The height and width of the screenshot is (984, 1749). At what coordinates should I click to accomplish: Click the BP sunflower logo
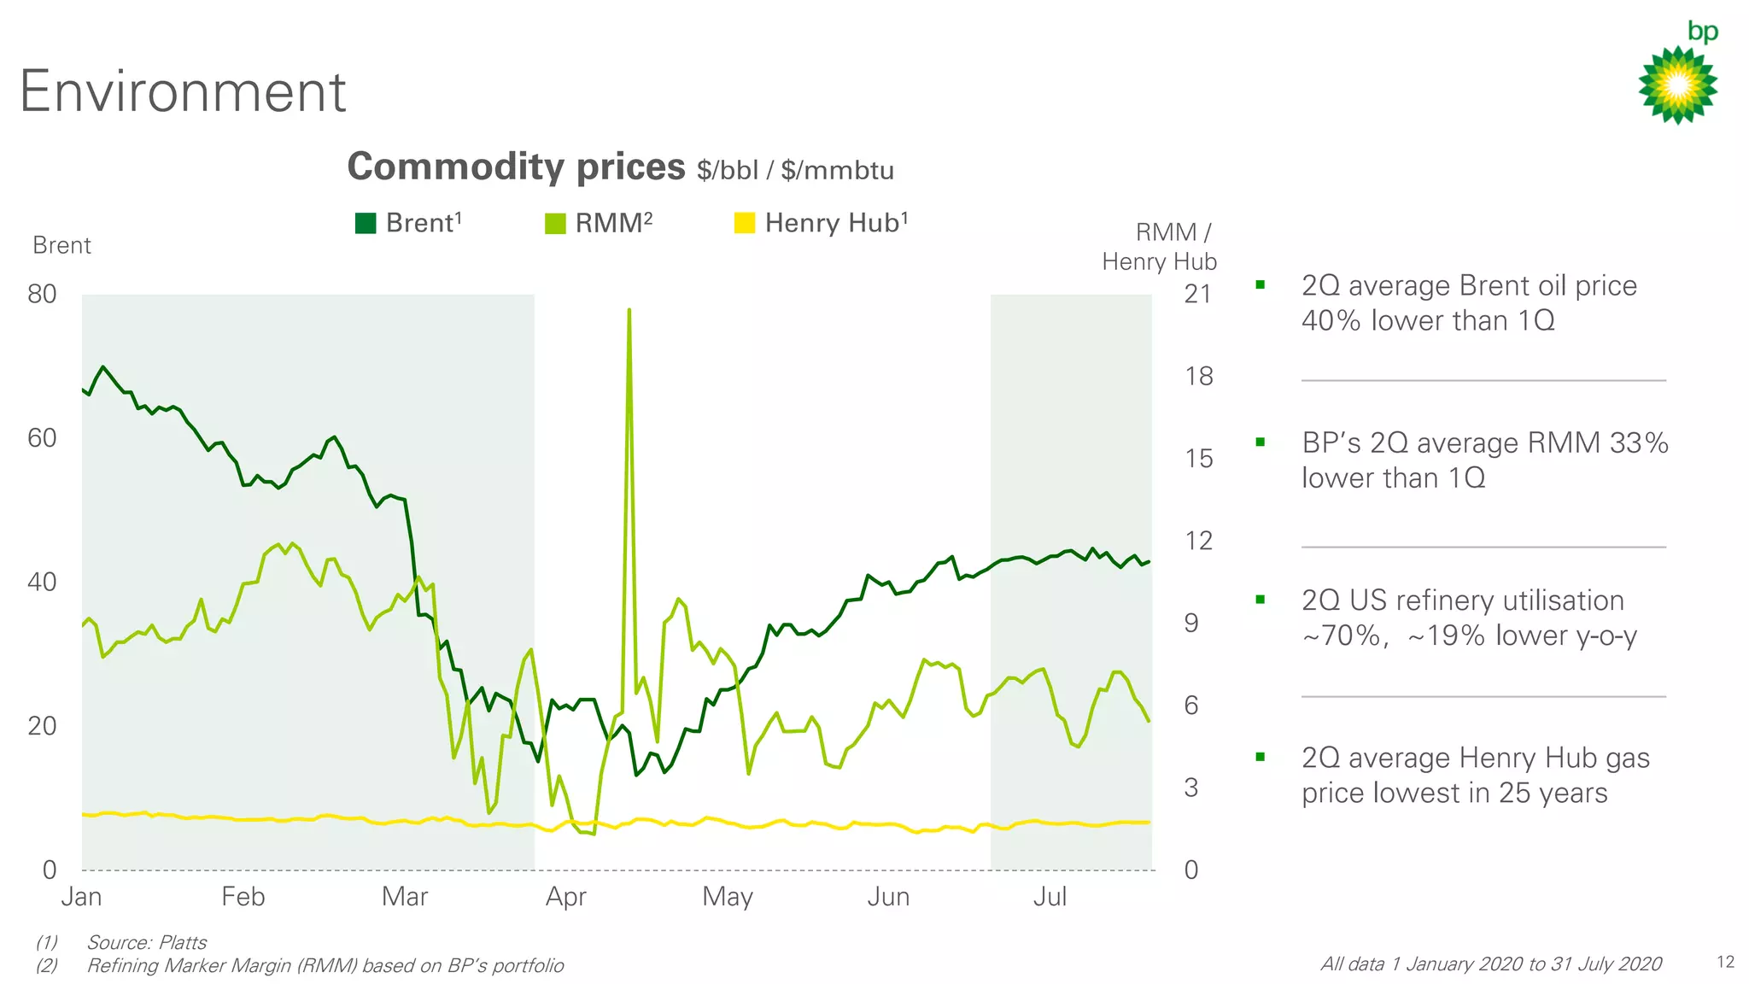coord(1677,84)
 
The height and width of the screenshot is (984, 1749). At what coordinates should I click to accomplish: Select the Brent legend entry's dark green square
coord(366,224)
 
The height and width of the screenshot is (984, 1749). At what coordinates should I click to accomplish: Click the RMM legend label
coord(613,223)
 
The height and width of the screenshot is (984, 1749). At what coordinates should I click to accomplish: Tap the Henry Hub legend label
coord(835,223)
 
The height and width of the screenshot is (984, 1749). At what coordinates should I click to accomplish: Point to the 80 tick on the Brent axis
coord(42,295)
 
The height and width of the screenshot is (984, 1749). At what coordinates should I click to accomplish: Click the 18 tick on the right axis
coord(1198,377)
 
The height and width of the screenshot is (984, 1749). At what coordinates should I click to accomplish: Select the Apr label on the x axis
coord(565,897)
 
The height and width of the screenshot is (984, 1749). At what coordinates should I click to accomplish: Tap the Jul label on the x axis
coord(1050,897)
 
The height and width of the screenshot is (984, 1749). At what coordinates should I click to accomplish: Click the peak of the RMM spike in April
coord(629,310)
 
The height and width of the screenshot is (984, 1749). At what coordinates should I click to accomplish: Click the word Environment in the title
coord(183,91)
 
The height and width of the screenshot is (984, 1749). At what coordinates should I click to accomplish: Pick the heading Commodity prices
coord(516,167)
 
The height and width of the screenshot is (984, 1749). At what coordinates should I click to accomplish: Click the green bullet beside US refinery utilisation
coord(1260,600)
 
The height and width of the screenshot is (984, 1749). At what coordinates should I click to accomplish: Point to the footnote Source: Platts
coord(146,942)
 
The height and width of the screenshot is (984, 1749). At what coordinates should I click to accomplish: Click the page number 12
coord(1725,963)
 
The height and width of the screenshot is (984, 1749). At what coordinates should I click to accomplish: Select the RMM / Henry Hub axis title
coord(1160,247)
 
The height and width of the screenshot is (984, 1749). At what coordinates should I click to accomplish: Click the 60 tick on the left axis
coord(42,438)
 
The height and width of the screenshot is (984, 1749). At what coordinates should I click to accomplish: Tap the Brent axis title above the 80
coord(61,246)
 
